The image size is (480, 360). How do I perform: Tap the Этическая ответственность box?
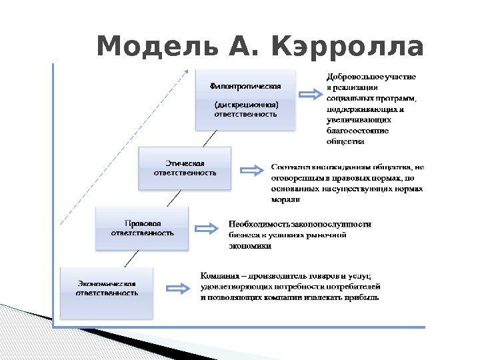(x=185, y=168)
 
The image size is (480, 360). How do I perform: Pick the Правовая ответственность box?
(x=143, y=228)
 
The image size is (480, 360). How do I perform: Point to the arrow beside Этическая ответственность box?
(x=251, y=171)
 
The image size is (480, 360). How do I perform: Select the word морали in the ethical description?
(x=285, y=199)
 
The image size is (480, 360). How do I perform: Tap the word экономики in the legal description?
(x=250, y=245)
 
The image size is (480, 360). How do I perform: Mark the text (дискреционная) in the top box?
(x=245, y=105)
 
